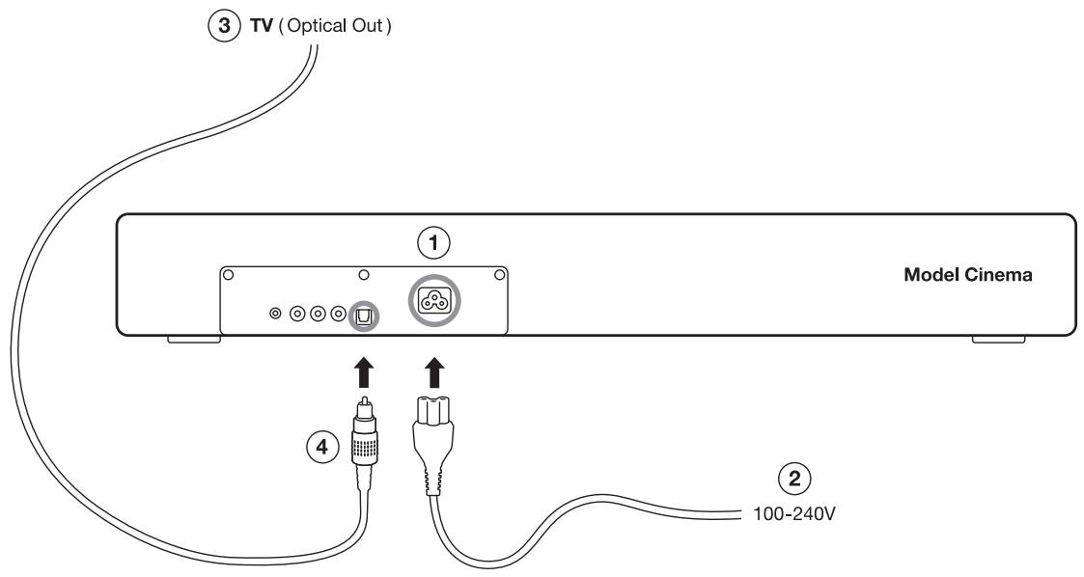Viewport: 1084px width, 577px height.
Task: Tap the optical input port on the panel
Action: click(364, 314)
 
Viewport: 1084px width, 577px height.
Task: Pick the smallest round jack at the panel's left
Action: click(276, 314)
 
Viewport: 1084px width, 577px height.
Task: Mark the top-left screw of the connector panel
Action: click(228, 275)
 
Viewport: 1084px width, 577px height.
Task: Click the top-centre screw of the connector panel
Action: click(364, 275)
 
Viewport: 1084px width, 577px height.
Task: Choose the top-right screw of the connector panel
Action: click(500, 275)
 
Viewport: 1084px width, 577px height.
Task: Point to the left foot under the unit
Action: click(193, 339)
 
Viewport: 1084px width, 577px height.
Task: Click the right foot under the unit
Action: click(998, 339)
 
